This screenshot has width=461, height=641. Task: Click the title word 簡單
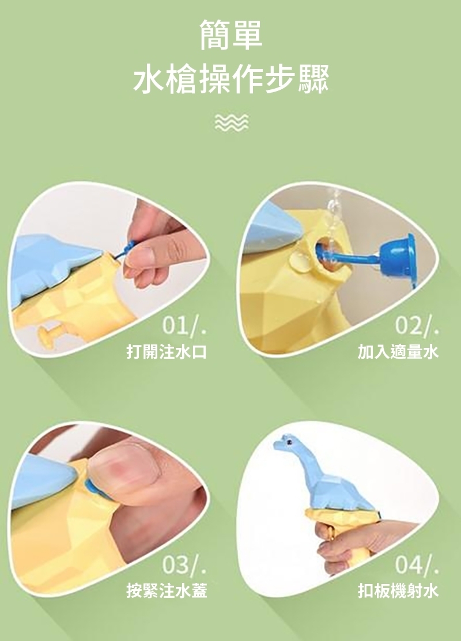(x=231, y=36)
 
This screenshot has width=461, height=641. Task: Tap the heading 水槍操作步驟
(x=231, y=79)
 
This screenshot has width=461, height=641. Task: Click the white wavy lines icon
(x=232, y=123)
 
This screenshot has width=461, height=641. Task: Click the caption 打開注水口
(x=167, y=351)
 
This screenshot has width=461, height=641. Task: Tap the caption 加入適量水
(x=398, y=351)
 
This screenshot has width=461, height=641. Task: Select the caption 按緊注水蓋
(x=167, y=591)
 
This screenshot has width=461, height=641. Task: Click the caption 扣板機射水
(x=398, y=591)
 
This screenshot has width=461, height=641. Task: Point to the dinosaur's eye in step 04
(x=289, y=442)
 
